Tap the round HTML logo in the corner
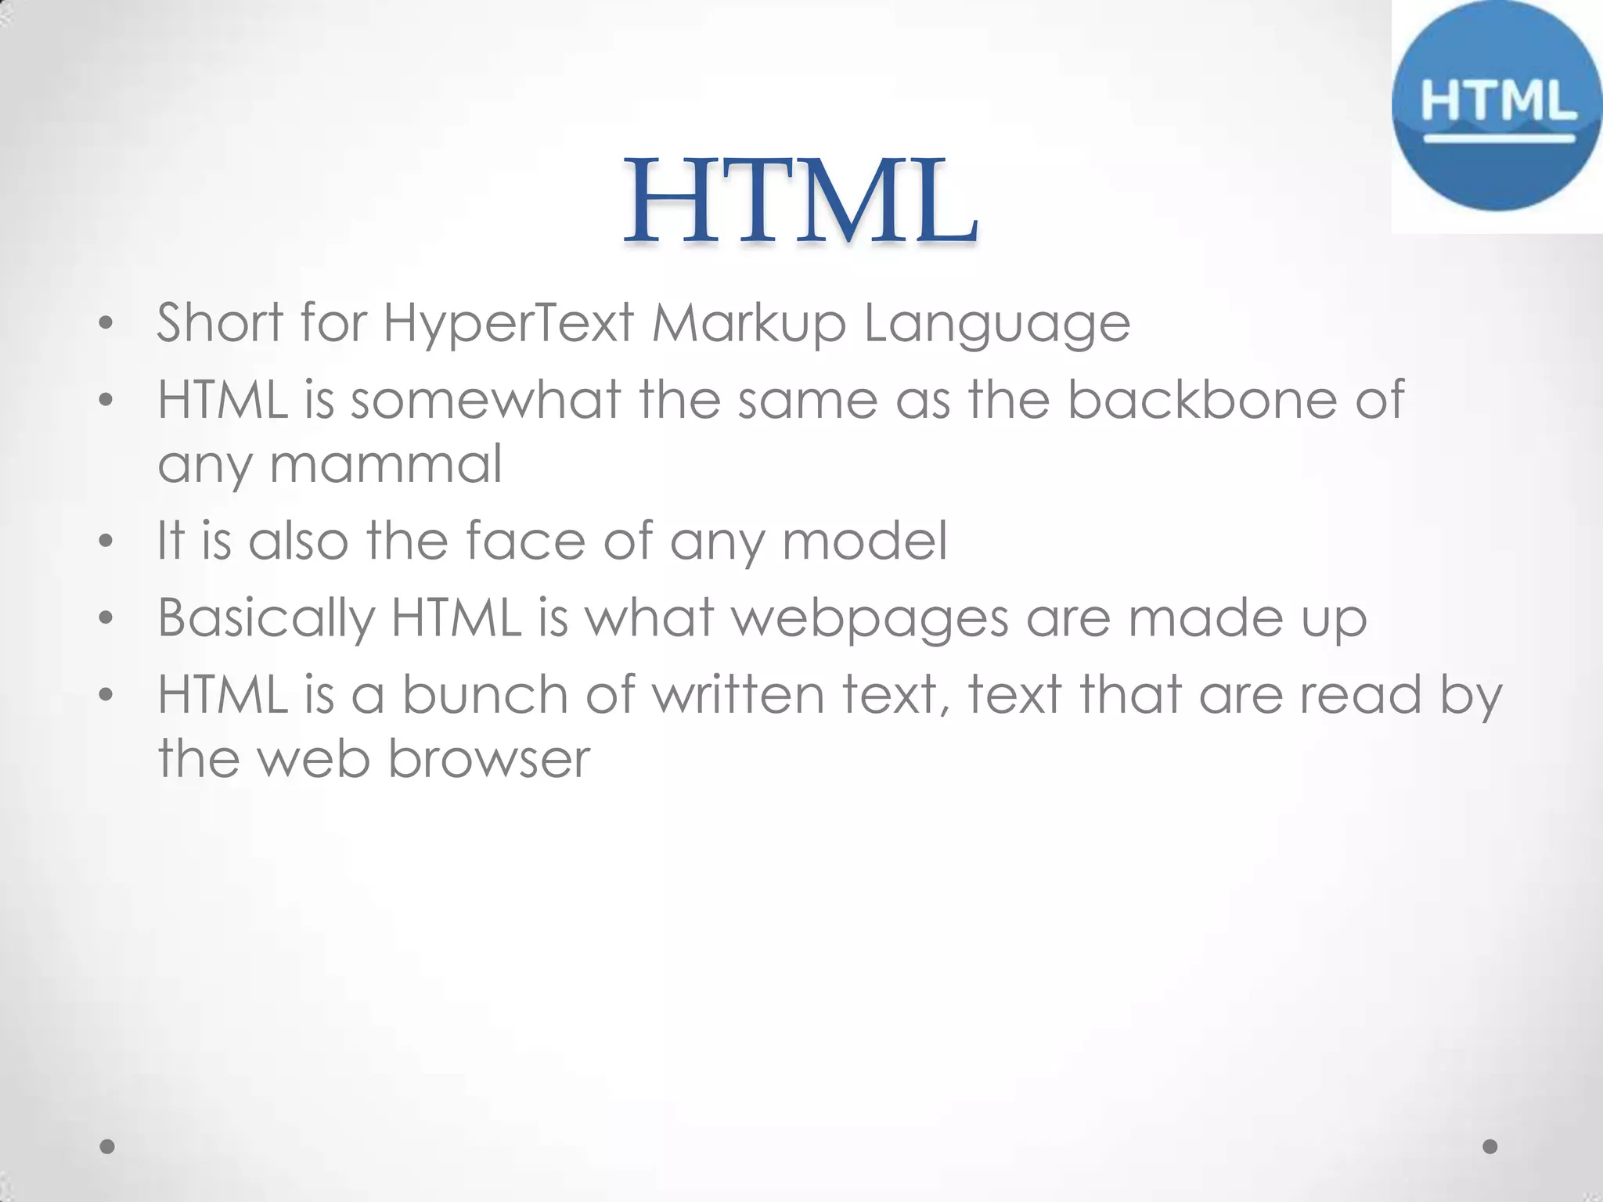point(1497,106)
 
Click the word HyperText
point(508,322)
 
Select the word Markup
point(748,322)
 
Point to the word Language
point(996,324)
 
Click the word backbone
point(1202,399)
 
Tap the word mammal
point(385,463)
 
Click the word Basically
point(266,618)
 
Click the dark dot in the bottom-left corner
point(107,1146)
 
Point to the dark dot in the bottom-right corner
point(1490,1146)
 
